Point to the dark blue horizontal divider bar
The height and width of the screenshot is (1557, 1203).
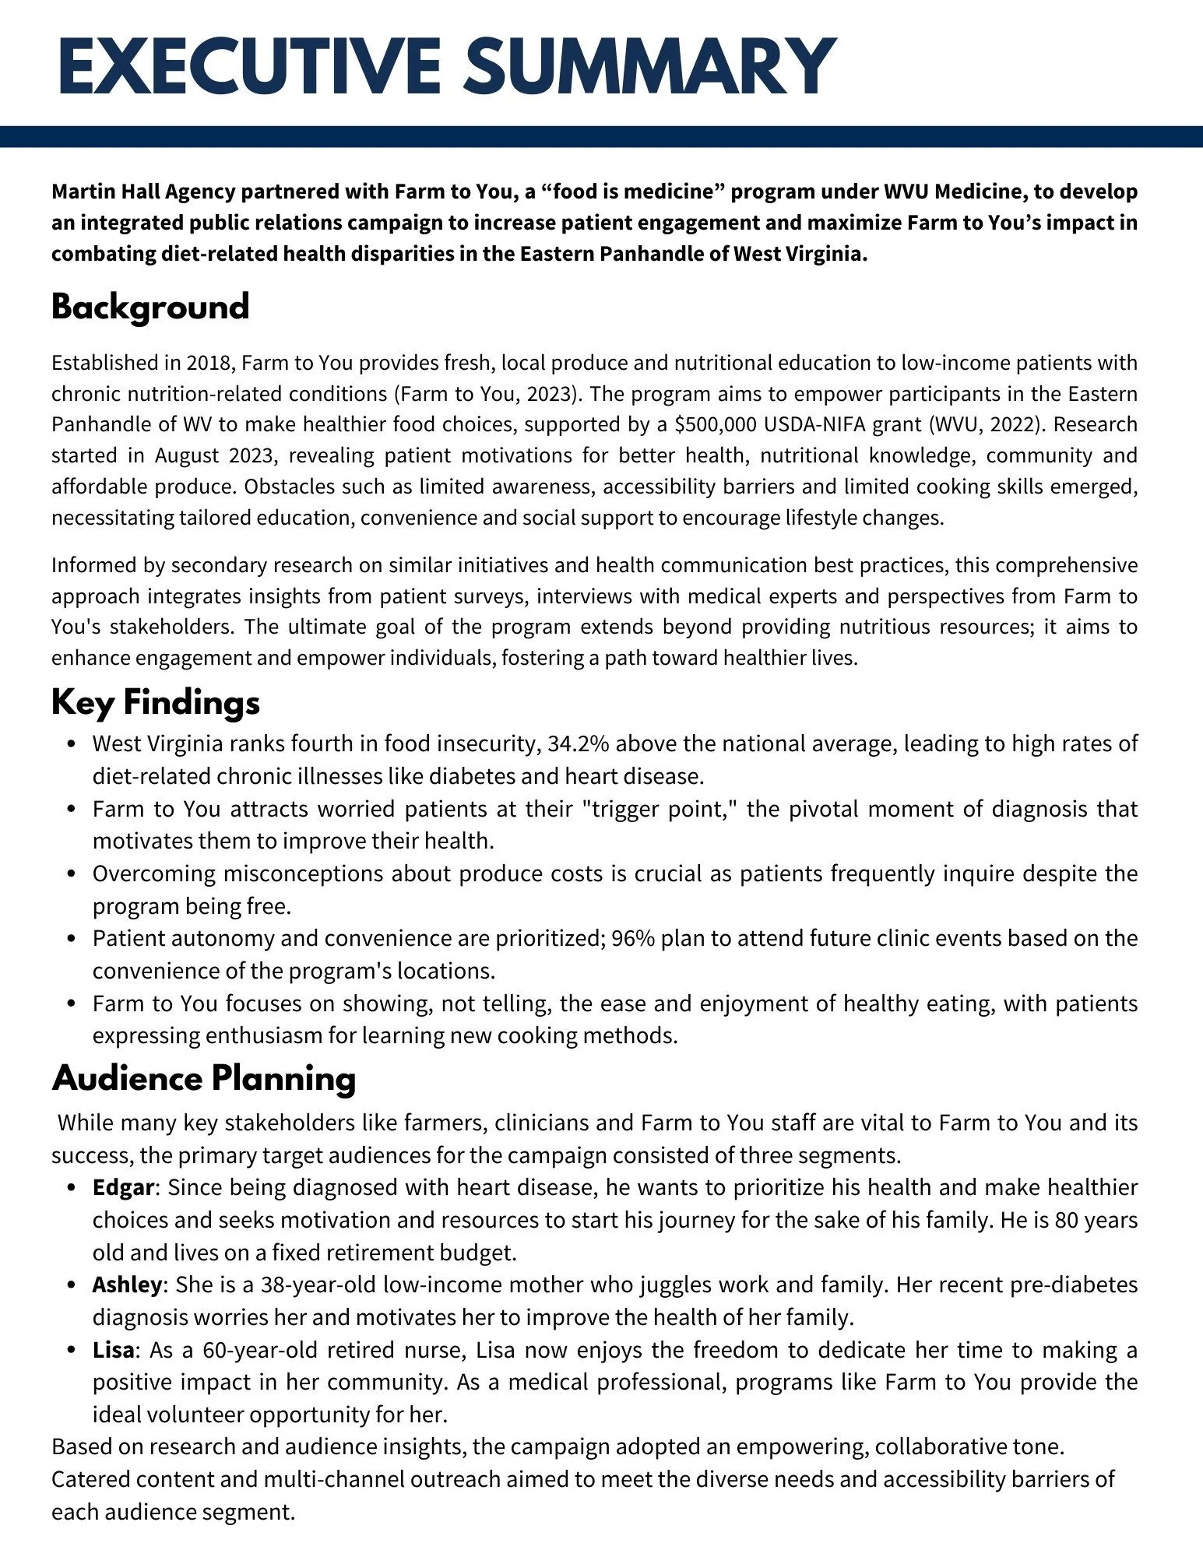[601, 137]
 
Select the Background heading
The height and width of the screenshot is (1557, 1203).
[150, 307]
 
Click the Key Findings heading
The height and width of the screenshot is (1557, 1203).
[156, 702]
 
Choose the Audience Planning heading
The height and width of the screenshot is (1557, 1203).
[204, 1079]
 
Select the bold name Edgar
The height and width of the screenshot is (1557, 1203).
[123, 1187]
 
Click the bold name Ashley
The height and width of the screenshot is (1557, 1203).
[127, 1285]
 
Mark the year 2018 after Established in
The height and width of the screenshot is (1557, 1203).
[207, 363]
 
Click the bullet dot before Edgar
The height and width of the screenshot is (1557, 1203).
[72, 1188]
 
